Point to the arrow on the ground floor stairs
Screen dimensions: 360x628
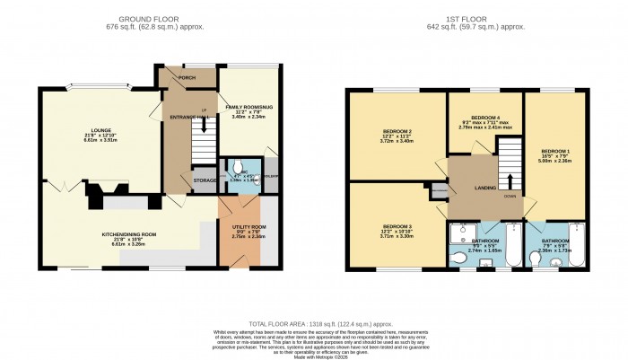(205, 125)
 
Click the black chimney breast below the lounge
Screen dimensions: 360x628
(99, 192)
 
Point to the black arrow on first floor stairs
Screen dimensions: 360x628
(510, 162)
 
